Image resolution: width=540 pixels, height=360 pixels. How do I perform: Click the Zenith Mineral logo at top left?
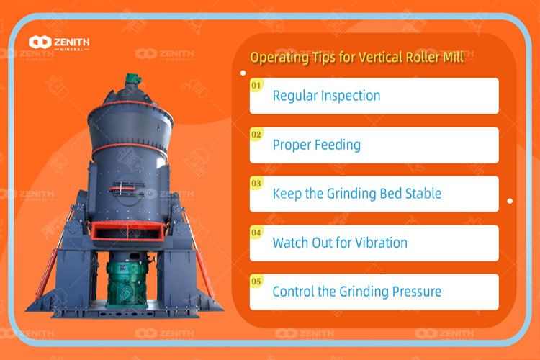pos(59,42)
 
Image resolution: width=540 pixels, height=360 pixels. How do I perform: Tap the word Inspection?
pos(352,96)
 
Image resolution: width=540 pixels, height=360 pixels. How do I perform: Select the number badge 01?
pos(256,85)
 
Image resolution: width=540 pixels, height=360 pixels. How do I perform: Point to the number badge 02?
pos(256,134)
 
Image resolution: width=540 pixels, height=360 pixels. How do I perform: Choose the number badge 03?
pos(256,183)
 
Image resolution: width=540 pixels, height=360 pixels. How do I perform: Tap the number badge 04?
pos(256,233)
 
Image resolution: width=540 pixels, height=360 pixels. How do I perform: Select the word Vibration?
pos(382,243)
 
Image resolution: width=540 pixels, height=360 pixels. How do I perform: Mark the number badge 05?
pos(256,282)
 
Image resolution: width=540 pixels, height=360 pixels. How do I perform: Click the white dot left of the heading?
pos(242,73)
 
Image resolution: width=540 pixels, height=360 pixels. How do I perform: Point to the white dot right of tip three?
pos(510,202)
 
